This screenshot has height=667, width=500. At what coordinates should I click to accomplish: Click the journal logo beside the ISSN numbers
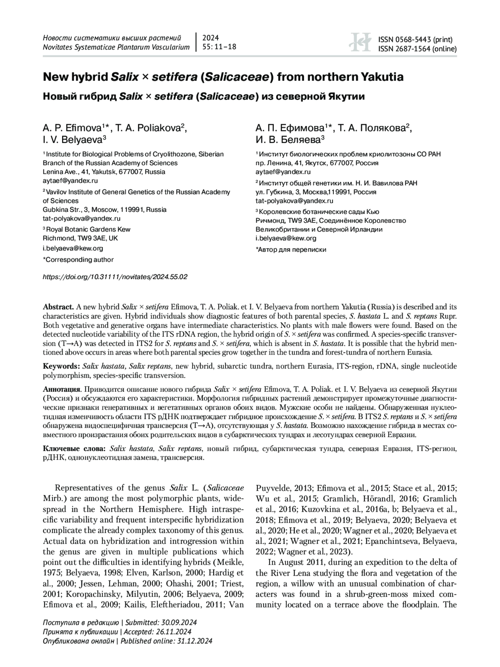(360, 43)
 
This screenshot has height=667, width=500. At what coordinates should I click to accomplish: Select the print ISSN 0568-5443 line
(415, 40)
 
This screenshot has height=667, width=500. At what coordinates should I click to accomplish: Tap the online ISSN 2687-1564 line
(417, 49)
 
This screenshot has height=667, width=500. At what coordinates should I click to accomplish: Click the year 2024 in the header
(210, 38)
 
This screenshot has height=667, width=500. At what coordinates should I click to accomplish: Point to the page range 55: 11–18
(219, 47)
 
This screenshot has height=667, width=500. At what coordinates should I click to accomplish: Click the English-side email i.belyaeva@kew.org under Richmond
(73, 248)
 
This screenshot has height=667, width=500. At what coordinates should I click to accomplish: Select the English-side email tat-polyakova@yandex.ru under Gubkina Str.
(82, 218)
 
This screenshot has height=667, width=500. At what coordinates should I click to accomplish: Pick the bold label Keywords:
(62, 366)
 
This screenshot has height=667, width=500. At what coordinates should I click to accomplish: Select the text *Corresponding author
(78, 259)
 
